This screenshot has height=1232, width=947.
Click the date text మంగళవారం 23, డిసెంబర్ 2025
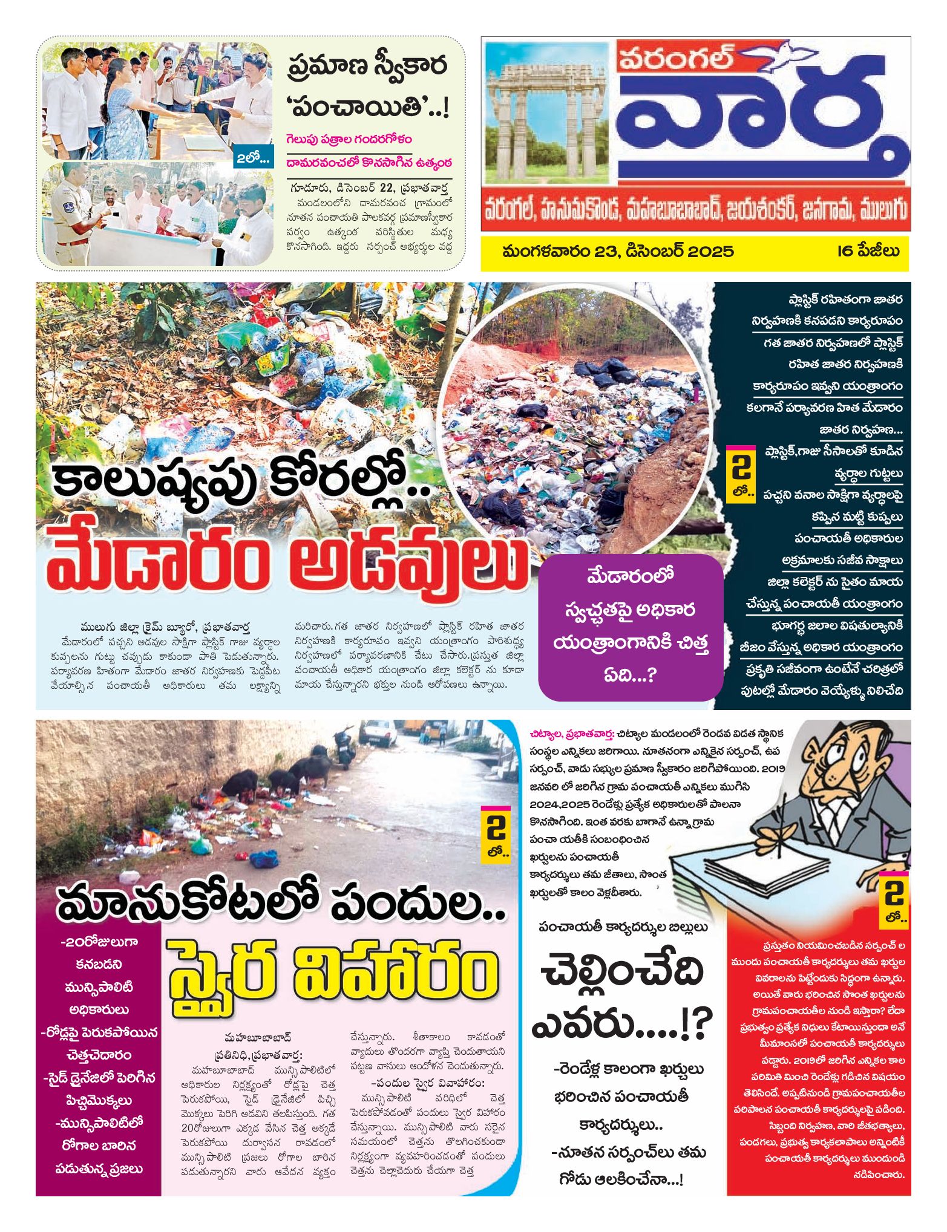click(617, 251)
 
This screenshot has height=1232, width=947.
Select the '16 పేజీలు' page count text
click(868, 251)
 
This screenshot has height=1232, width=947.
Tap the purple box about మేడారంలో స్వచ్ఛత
click(631, 626)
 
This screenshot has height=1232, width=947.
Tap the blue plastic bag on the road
click(264, 858)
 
